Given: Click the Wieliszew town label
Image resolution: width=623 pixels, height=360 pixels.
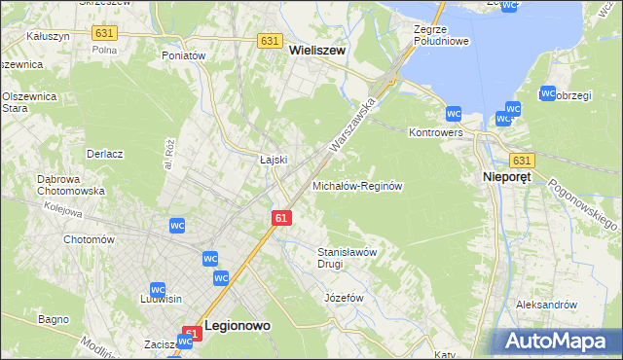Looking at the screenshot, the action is pos(317,56).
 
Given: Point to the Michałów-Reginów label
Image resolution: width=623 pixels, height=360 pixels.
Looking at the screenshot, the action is pos(356,185).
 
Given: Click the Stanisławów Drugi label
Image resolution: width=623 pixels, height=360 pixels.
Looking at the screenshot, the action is pos(347,257).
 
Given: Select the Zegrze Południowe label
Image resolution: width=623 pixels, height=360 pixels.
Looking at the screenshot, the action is pos(434,36).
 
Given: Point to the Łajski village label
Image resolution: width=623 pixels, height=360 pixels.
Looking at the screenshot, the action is pos(272,160).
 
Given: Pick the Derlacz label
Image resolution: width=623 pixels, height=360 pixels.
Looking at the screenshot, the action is pos(104,154).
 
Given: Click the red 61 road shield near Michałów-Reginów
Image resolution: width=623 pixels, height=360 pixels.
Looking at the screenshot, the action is pos(280,219).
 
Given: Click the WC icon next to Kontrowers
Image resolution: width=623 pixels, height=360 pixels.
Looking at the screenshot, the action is pos(454,113).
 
